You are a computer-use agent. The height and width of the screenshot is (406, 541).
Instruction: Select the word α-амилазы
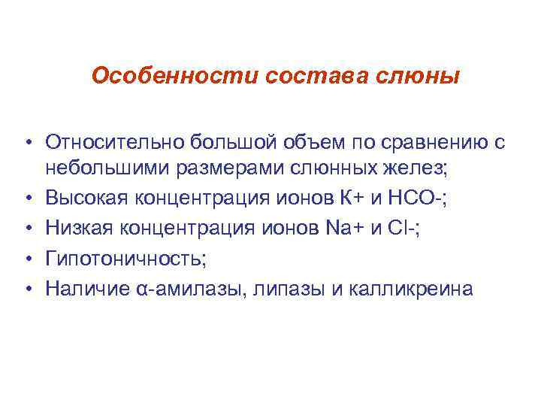pos(182,288)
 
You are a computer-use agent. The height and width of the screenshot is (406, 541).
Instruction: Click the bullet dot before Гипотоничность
pos(26,259)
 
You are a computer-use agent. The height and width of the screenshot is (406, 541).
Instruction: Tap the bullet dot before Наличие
pos(26,289)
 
